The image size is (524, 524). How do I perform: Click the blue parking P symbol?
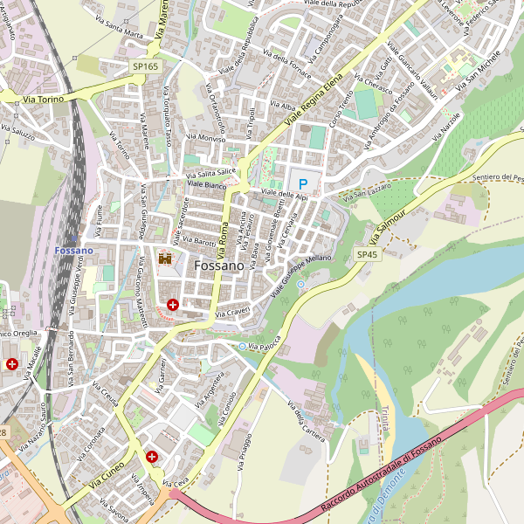click(x=303, y=184)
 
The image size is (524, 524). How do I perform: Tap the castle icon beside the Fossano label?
click(x=163, y=259)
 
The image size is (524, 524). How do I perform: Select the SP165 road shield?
click(x=146, y=66)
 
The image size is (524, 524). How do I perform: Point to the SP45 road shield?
click(x=367, y=254)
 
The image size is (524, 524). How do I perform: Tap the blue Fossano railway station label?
click(x=73, y=251)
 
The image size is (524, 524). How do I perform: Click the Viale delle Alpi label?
click(x=285, y=195)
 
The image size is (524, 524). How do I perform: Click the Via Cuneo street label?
click(x=107, y=474)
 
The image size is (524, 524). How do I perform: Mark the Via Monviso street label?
click(x=206, y=138)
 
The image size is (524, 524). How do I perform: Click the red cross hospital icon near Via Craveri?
click(x=173, y=305)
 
